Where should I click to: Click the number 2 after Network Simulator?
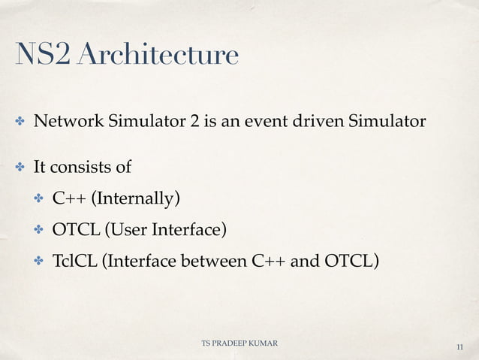[194, 122]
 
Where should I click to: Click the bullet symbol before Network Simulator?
[21, 123]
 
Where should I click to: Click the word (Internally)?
[136, 199]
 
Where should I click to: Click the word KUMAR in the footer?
[264, 343]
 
